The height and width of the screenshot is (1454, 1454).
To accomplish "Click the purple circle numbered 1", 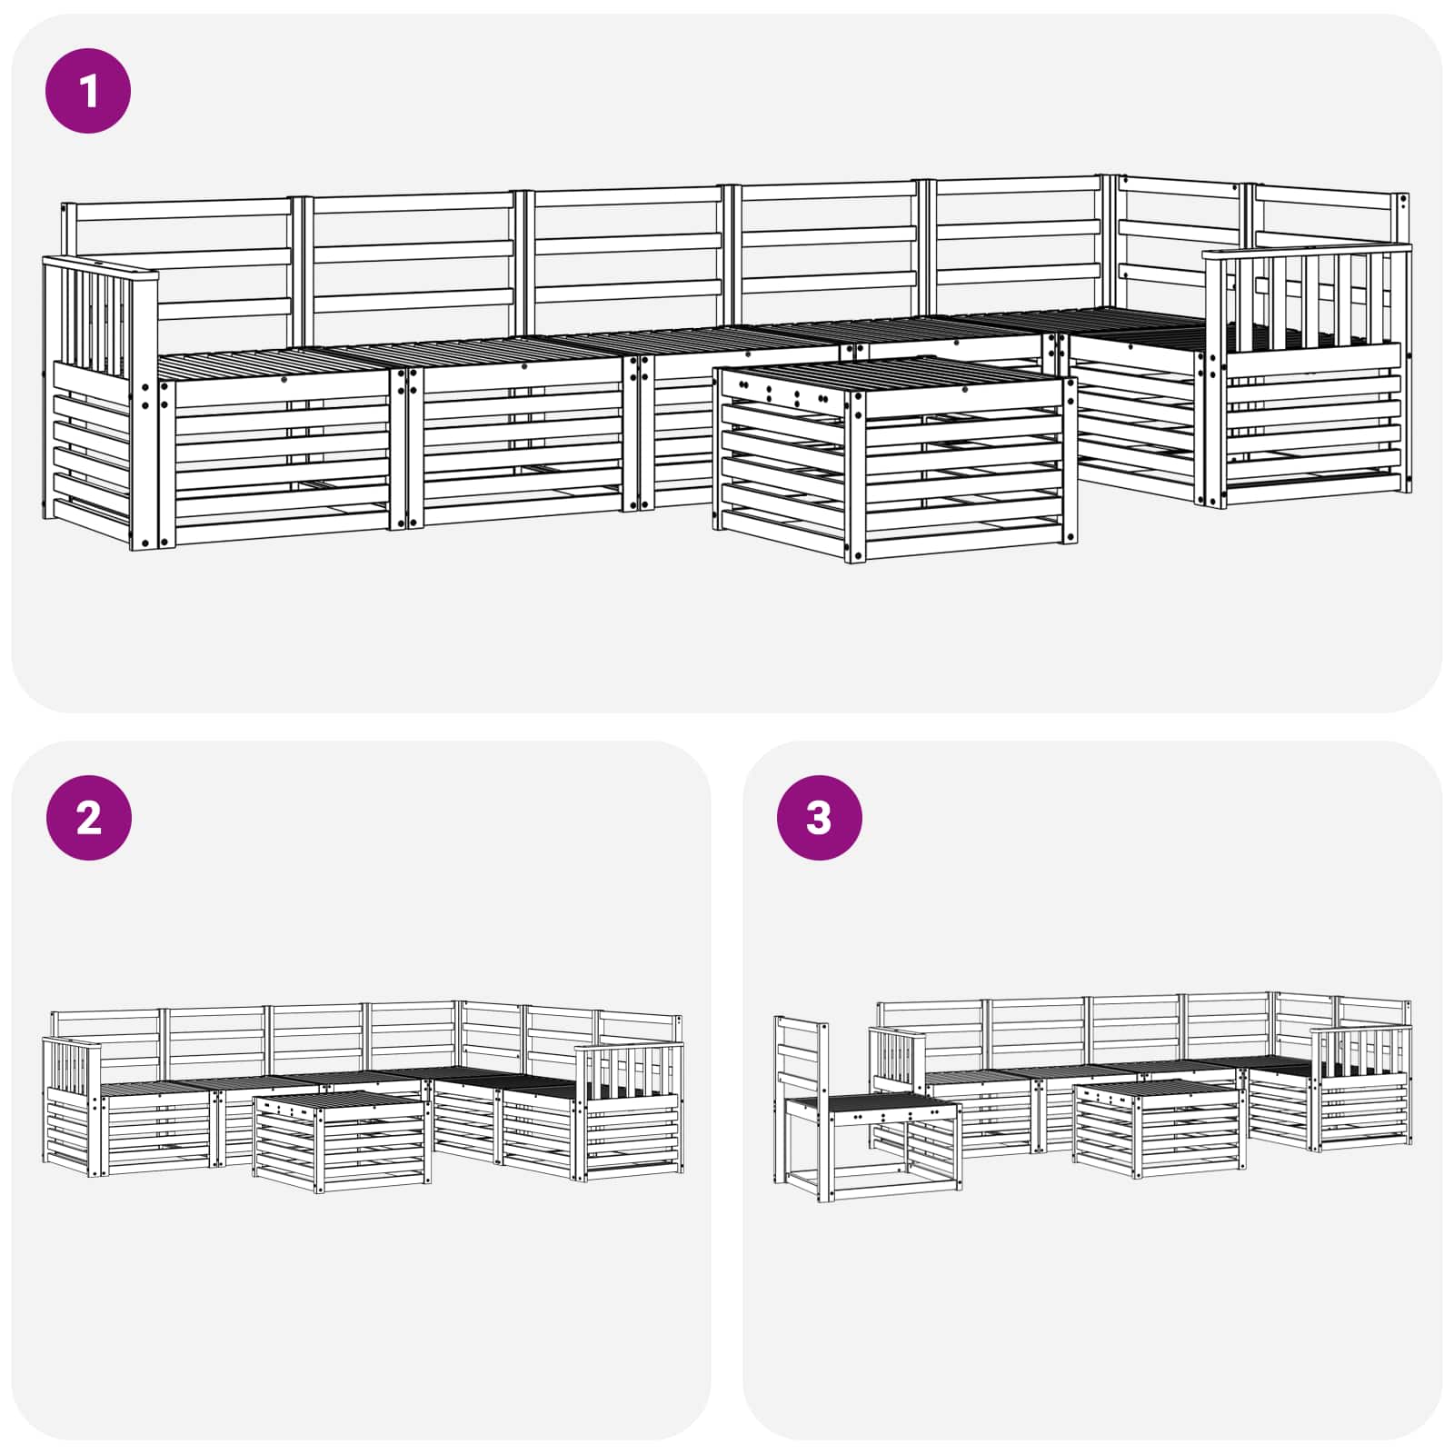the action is tap(88, 91).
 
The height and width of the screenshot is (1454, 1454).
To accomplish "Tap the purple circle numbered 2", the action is tap(88, 818).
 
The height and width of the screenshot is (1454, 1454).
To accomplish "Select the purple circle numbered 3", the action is tap(819, 818).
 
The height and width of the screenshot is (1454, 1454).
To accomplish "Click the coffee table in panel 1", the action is tap(895, 459).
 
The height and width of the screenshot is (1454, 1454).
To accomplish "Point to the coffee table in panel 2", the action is tap(342, 1141).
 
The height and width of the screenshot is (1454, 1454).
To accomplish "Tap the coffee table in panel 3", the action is tap(1159, 1128).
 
